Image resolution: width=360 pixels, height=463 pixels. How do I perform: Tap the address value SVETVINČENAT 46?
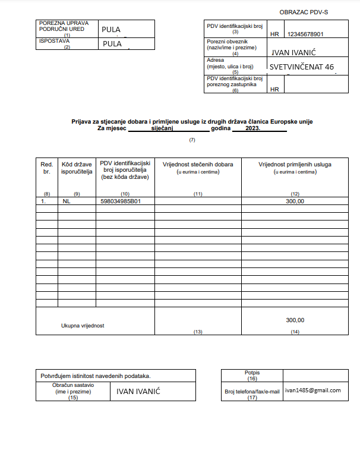[x=301, y=67]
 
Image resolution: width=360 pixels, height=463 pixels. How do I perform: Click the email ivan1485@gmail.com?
[x=312, y=390]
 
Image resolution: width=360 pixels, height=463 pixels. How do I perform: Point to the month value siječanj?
[x=162, y=128]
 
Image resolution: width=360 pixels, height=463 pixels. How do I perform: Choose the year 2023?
[x=252, y=128]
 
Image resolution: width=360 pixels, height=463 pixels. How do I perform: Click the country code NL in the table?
[x=66, y=201]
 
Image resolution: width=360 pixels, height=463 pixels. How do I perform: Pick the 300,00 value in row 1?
[x=295, y=201]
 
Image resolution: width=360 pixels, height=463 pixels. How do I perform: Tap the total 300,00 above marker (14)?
[x=295, y=320]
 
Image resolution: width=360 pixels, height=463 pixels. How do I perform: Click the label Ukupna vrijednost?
[x=83, y=326]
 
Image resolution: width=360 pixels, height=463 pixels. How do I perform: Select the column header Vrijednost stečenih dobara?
[x=198, y=164]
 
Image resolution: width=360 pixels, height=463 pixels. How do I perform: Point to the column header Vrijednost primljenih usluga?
[x=295, y=164]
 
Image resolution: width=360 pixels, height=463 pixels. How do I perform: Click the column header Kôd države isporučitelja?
[x=77, y=168]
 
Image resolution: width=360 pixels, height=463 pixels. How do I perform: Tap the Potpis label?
[x=252, y=373]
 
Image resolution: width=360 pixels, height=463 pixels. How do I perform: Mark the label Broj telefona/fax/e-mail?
[x=252, y=392]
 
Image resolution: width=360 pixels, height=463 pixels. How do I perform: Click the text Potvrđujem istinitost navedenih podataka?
[x=95, y=376]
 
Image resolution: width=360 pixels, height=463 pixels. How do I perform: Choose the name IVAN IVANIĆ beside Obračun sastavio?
[x=138, y=391]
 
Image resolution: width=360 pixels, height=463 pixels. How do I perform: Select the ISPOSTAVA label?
[x=54, y=41]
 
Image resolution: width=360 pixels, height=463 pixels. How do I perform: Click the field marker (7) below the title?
[x=192, y=140]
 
